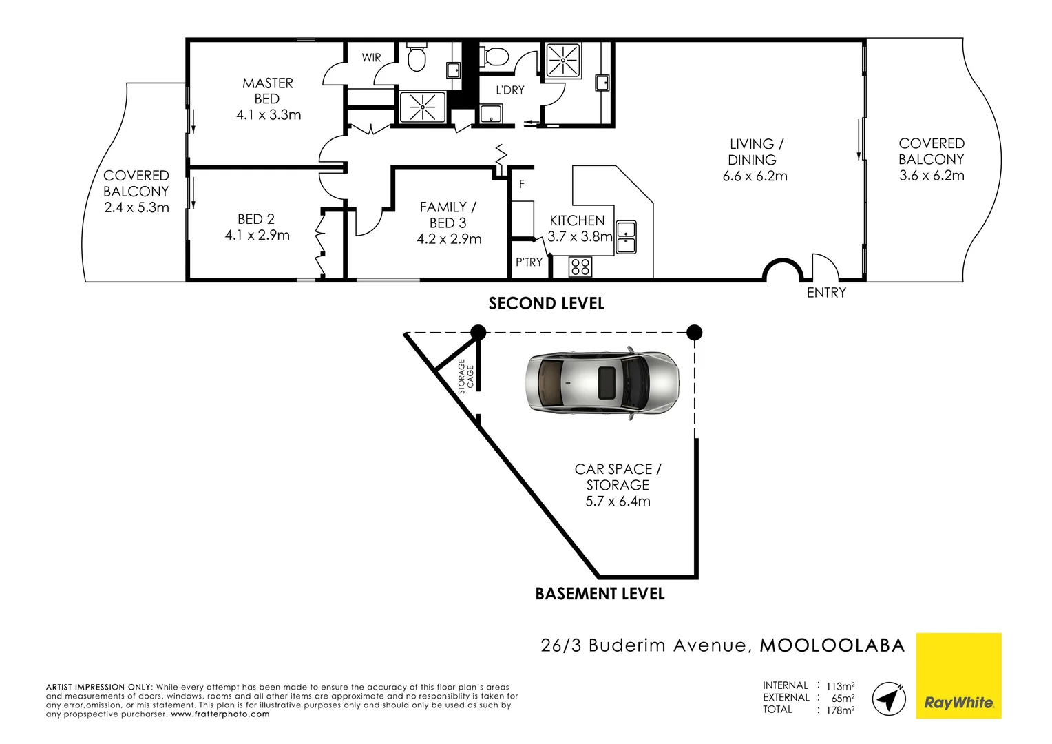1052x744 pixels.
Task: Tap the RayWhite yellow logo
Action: [958, 676]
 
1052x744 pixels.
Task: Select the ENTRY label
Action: [826, 293]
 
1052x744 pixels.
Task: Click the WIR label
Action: [371, 58]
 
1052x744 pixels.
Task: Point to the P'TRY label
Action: [529, 262]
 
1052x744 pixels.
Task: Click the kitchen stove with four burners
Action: [580, 266]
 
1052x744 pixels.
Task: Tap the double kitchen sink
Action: [626, 237]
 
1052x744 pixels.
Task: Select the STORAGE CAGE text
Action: [466, 376]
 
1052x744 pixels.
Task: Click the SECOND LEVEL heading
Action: [546, 304]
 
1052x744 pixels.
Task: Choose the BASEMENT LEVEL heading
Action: [600, 594]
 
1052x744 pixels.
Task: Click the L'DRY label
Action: [510, 90]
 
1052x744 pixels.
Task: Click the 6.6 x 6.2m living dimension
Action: [755, 176]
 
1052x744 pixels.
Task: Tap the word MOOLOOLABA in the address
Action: [832, 645]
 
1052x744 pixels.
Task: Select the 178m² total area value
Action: [840, 710]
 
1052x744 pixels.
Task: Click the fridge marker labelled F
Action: [522, 185]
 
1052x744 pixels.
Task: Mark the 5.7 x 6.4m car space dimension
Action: [618, 502]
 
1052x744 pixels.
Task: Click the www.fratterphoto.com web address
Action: [220, 714]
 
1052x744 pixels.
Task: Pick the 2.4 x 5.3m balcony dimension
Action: [136, 208]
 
